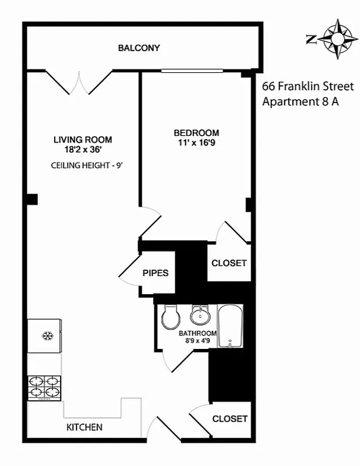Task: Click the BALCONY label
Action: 139,48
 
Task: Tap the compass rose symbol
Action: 337,39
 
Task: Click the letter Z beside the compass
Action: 312,39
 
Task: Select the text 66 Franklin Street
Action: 308,86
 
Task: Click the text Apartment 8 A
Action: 301,101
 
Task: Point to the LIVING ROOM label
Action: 83,140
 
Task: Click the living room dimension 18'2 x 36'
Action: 83,149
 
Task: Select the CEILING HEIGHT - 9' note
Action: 86,165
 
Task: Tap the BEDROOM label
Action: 196,132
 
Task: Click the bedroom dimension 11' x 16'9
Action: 196,142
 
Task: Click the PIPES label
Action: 156,273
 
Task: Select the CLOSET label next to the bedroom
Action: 229,263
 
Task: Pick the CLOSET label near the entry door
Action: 230,419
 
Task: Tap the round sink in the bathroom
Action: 200,315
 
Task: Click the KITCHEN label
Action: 84,427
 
